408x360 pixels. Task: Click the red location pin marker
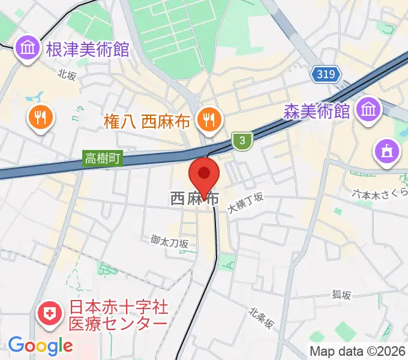click(205, 175)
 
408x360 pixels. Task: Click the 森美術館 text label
click(317, 111)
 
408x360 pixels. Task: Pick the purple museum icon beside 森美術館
click(366, 109)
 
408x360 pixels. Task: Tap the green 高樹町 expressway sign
click(103, 159)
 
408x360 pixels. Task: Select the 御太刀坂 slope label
click(170, 241)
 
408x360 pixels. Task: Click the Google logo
click(40, 346)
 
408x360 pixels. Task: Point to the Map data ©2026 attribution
click(358, 351)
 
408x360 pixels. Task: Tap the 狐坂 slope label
click(341, 295)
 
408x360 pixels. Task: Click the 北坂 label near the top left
click(68, 74)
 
